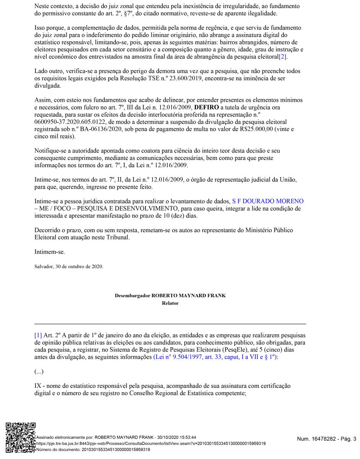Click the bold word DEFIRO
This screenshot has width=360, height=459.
pos(207,107)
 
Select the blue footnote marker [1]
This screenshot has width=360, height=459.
pos(38,335)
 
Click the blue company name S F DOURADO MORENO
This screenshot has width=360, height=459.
pos(268,201)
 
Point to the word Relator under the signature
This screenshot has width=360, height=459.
pos(170,303)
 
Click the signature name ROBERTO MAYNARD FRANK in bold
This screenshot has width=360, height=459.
pos(189,296)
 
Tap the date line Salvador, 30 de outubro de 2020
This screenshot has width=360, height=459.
pos(69,267)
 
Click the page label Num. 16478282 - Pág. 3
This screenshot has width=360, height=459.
pos(326,439)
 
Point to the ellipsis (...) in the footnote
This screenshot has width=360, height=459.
pos(39,371)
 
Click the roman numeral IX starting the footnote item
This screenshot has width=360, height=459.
pos(38,386)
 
